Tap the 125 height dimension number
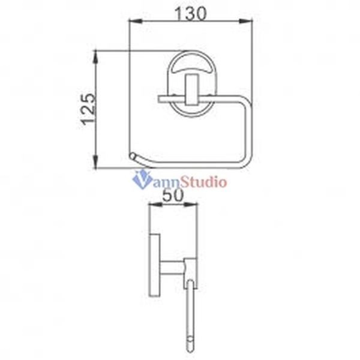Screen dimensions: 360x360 tap(88, 109)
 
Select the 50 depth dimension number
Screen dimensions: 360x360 tap(173, 194)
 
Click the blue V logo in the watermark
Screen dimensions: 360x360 tap(142, 179)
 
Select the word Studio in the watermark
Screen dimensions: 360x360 tap(203, 180)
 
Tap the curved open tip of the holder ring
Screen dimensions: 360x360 tap(132, 157)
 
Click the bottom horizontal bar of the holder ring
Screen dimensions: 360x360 tap(192, 165)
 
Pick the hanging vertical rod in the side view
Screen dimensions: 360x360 tap(190, 312)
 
